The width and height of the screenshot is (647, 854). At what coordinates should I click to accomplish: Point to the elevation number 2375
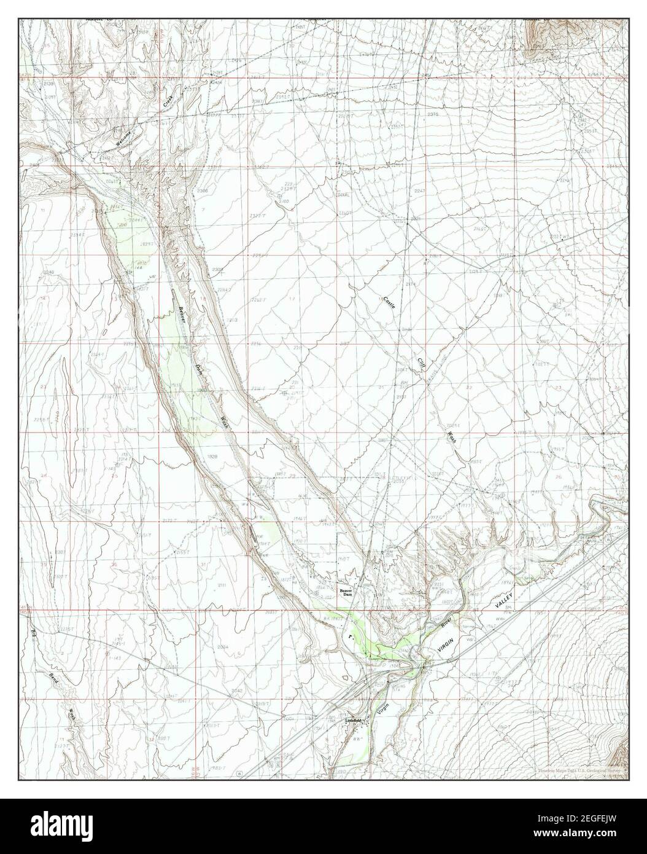tap(433, 115)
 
